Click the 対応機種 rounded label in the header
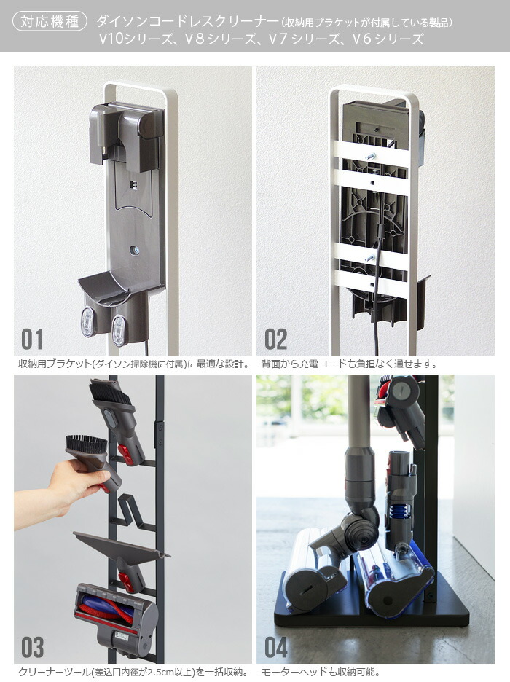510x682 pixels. tap(50, 21)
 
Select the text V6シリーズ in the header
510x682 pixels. tap(388, 39)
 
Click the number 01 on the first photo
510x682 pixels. tap(32, 340)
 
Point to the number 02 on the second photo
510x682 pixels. tap(275, 340)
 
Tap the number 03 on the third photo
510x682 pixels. tap(33, 647)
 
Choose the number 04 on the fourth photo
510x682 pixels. tap(276, 647)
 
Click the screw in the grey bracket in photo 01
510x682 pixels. tap(135, 251)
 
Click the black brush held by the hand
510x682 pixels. tap(87, 444)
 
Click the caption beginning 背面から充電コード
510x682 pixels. tap(350, 364)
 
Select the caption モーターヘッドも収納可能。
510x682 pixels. tap(321, 672)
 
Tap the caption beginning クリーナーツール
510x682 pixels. tap(134, 672)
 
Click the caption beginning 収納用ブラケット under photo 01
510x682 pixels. tap(134, 364)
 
